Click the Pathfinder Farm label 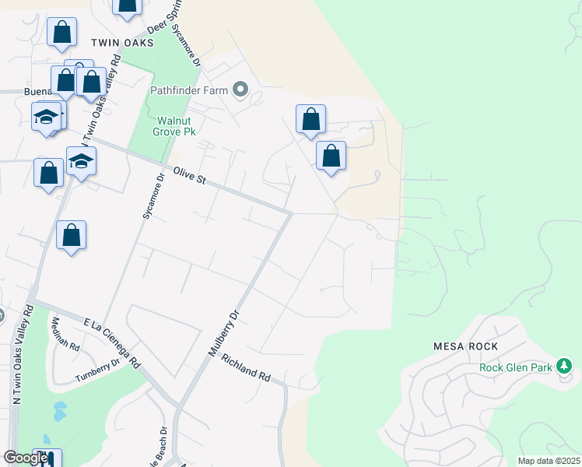tap(188, 90)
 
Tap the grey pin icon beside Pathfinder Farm tap(240, 90)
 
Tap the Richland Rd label tap(246, 368)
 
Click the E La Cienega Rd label tap(112, 342)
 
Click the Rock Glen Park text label tap(515, 367)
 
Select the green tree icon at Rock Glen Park tap(564, 366)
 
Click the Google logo tap(26, 458)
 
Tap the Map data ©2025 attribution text tap(548, 461)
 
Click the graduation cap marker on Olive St tap(81, 162)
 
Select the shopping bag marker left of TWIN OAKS tap(61, 33)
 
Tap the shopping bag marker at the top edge tap(128, 6)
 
